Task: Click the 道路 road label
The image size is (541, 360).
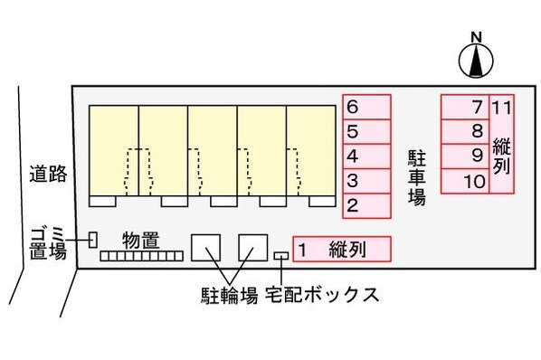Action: [47, 175]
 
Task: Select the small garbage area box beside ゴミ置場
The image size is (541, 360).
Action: [92, 240]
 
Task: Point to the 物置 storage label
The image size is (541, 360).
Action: [141, 240]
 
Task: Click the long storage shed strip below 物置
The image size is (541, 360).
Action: [141, 258]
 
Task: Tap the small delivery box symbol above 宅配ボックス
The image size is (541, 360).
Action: [281, 256]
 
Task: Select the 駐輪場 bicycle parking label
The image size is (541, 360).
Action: [228, 296]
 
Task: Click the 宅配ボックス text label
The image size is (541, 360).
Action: [320, 296]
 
